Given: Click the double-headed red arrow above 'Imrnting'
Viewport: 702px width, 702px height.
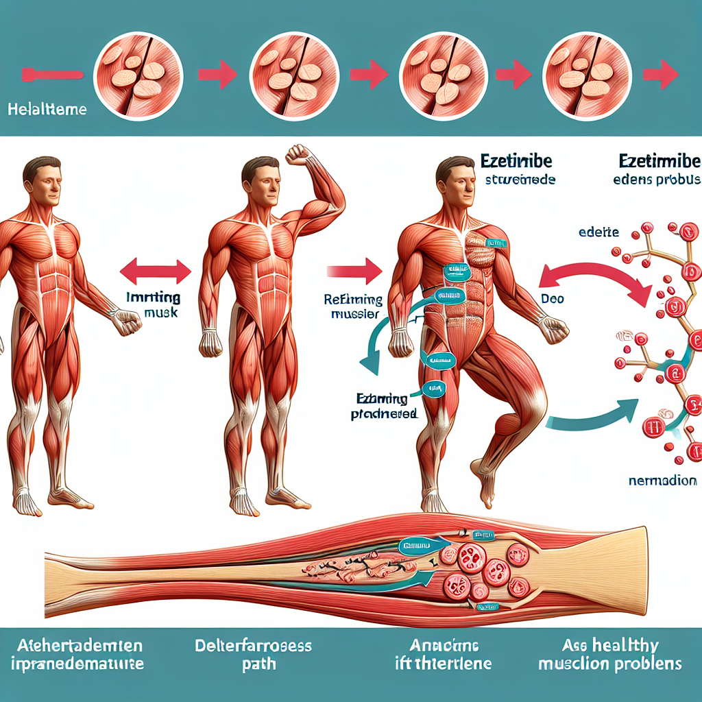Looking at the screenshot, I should pyautogui.click(x=155, y=270).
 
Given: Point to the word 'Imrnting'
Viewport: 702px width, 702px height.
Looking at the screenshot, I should pyautogui.click(x=155, y=298).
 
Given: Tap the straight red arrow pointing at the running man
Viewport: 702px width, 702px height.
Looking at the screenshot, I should pyautogui.click(x=354, y=270).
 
